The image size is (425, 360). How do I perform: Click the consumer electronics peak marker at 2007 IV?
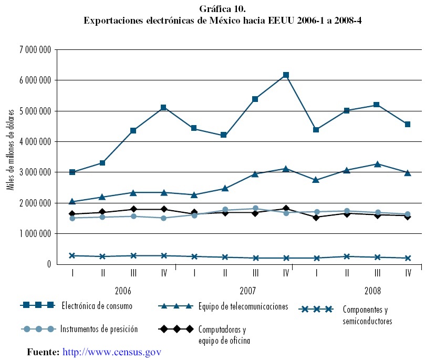click(x=286, y=75)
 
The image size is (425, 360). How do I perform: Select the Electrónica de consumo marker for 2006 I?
click(x=72, y=172)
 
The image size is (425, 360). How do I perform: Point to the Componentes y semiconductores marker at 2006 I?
click(x=72, y=255)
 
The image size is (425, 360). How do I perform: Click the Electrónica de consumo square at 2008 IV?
click(x=408, y=125)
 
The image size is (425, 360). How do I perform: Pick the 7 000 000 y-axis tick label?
click(x=34, y=50)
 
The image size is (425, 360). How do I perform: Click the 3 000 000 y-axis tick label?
click(x=34, y=172)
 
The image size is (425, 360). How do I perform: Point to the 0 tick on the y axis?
click(x=47, y=264)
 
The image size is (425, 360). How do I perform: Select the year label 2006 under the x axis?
click(x=123, y=291)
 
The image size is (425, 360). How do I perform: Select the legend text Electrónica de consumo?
click(x=97, y=305)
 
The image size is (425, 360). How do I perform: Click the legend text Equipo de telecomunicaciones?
click(x=243, y=306)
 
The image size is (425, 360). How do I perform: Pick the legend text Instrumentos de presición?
click(x=99, y=329)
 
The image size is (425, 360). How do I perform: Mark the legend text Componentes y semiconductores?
click(x=367, y=315)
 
